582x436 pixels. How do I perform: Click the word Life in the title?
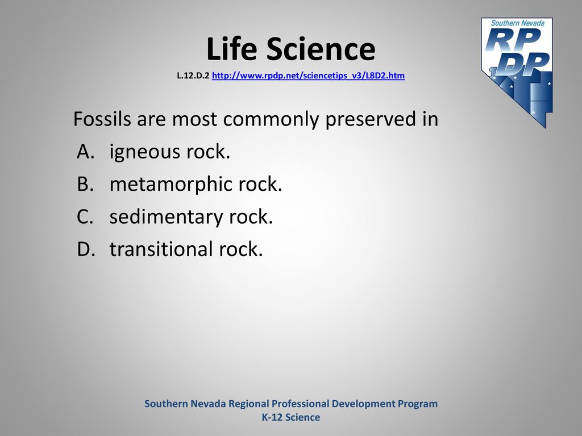tap(231, 49)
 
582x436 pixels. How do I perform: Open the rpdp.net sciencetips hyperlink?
tap(308, 76)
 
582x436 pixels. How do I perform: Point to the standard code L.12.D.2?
tap(193, 76)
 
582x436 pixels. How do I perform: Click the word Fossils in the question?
tap(102, 119)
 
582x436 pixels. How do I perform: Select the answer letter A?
tap(85, 151)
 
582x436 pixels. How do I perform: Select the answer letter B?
tap(85, 184)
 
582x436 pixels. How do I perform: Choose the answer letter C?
tap(85, 216)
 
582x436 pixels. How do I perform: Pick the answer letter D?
tap(86, 249)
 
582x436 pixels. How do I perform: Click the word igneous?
tap(144, 152)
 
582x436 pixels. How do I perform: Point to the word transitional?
tap(160, 249)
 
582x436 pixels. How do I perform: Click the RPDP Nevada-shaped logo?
tap(517, 72)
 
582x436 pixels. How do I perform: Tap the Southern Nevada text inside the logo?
tap(518, 23)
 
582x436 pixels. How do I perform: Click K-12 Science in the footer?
tap(291, 417)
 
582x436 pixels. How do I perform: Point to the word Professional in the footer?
tap(300, 404)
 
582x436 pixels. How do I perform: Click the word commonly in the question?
tap(271, 120)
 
